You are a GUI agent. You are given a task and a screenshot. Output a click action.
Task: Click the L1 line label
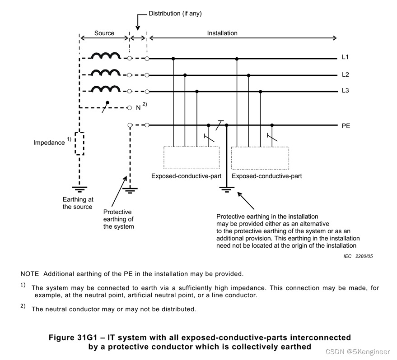[x=346, y=58]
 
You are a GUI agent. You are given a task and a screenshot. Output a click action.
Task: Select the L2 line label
[x=346, y=74]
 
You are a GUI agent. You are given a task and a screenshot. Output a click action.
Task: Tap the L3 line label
[x=346, y=91]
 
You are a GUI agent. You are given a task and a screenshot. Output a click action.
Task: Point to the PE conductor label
[x=346, y=126]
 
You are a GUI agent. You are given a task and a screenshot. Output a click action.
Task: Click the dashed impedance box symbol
[x=79, y=143]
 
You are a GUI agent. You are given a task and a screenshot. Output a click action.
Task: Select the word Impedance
[x=49, y=143]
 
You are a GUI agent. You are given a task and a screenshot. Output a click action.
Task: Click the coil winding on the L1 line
[x=105, y=56]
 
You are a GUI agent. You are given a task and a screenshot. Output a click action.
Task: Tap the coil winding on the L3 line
[x=105, y=89]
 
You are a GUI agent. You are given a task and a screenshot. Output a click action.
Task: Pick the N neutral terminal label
[x=138, y=108]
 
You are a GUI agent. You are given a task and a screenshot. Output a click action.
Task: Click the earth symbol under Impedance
[x=79, y=188]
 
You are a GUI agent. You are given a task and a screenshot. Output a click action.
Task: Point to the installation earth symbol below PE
[x=227, y=189]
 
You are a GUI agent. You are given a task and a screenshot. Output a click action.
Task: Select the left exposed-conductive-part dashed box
[x=191, y=158]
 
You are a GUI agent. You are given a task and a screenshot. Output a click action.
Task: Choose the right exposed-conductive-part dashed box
[x=260, y=158]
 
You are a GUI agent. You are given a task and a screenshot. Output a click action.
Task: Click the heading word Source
[x=104, y=33]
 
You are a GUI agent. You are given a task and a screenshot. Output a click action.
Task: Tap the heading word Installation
[x=222, y=33]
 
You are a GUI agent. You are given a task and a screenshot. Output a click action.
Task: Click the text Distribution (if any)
[x=175, y=14]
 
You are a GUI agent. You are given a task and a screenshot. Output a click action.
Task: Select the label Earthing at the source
[x=77, y=203]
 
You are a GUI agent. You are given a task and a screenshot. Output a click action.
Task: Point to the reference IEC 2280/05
[x=358, y=256]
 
